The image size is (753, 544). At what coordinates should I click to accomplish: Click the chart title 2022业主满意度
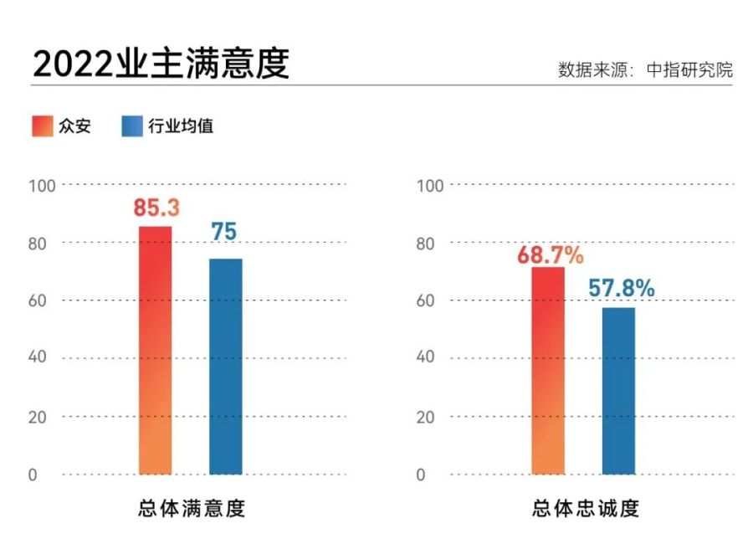click(161, 63)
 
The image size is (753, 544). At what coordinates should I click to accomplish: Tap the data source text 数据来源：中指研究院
click(645, 69)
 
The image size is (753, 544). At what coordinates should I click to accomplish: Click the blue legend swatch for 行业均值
click(132, 126)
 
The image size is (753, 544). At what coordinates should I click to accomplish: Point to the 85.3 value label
click(156, 208)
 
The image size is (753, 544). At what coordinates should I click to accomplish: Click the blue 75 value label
click(224, 232)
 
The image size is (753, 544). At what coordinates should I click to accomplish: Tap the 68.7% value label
click(549, 255)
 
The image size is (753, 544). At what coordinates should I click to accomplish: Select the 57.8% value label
click(620, 289)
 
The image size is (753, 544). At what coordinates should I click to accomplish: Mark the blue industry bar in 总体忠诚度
click(618, 391)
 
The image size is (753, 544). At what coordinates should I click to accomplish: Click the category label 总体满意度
click(192, 508)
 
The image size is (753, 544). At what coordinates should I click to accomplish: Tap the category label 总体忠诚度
click(585, 508)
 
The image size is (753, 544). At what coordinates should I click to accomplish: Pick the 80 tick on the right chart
click(426, 244)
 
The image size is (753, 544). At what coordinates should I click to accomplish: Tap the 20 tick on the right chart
click(426, 417)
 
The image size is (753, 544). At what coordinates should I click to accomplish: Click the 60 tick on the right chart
click(426, 300)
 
